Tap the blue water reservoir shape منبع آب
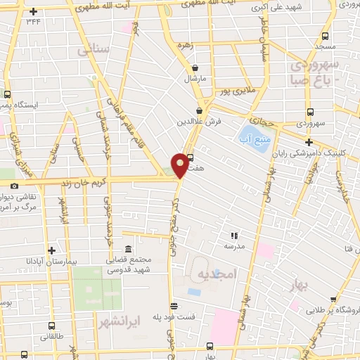tap(250, 132)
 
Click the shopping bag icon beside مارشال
tap(194, 68)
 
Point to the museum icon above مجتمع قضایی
tap(128, 250)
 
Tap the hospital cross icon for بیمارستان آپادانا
tap(51, 250)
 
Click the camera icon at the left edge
tap(14, 186)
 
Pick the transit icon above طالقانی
tap(51, 326)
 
